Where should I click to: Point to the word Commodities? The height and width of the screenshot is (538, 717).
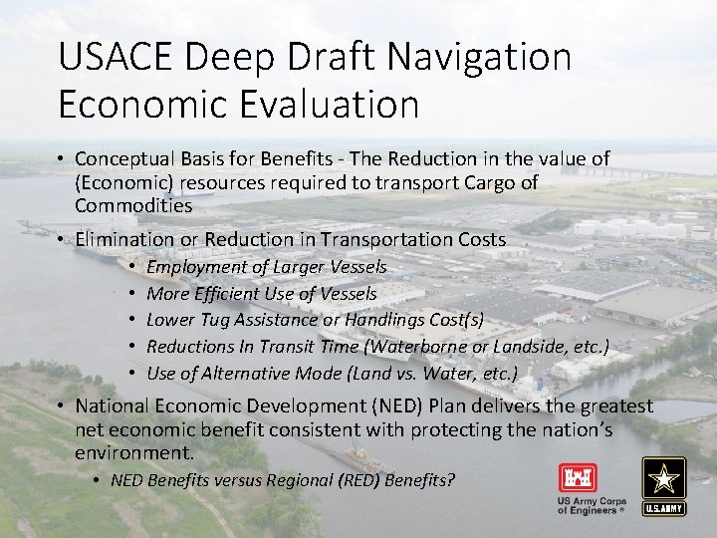click(x=133, y=205)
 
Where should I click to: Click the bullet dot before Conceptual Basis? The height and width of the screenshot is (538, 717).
click(x=62, y=159)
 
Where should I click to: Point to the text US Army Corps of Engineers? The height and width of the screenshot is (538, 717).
click(x=590, y=505)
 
